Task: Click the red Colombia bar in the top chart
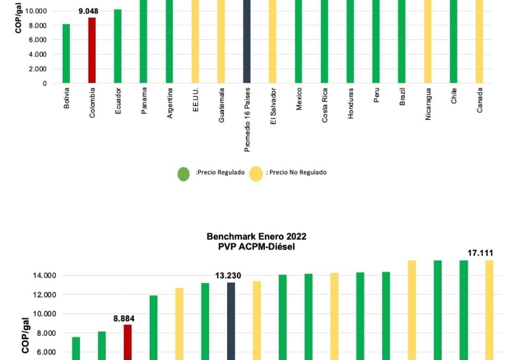tap(92, 51)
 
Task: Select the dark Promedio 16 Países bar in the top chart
tap(247, 43)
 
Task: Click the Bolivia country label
tap(67, 98)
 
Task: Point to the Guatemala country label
tap(221, 105)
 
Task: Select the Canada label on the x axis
tap(480, 100)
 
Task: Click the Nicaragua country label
tap(428, 104)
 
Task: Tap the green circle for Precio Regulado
tap(183, 174)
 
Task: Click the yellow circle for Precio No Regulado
tap(256, 174)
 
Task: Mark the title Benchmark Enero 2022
tap(257, 236)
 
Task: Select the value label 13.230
tap(228, 276)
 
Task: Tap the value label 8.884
tap(124, 318)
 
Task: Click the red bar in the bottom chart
tap(127, 342)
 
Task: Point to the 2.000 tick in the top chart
tap(36, 69)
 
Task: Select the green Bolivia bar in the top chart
tap(66, 53)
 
